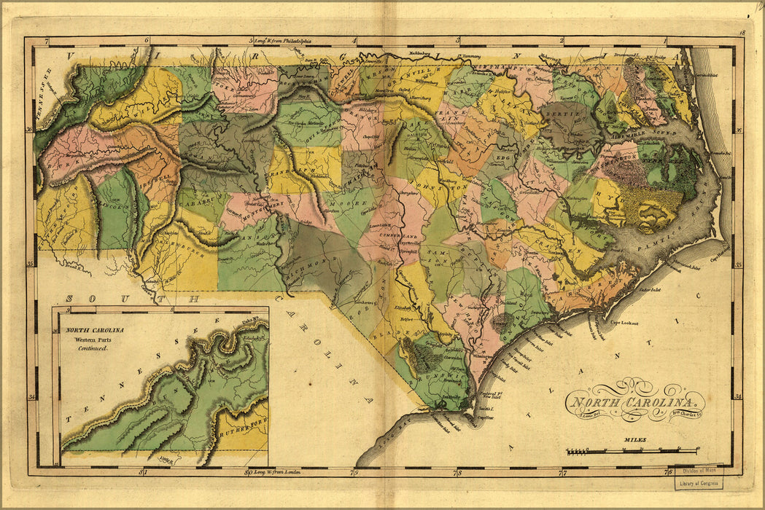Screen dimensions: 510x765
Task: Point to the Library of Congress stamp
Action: click(699, 483)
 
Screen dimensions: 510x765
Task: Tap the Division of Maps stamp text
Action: click(698, 471)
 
